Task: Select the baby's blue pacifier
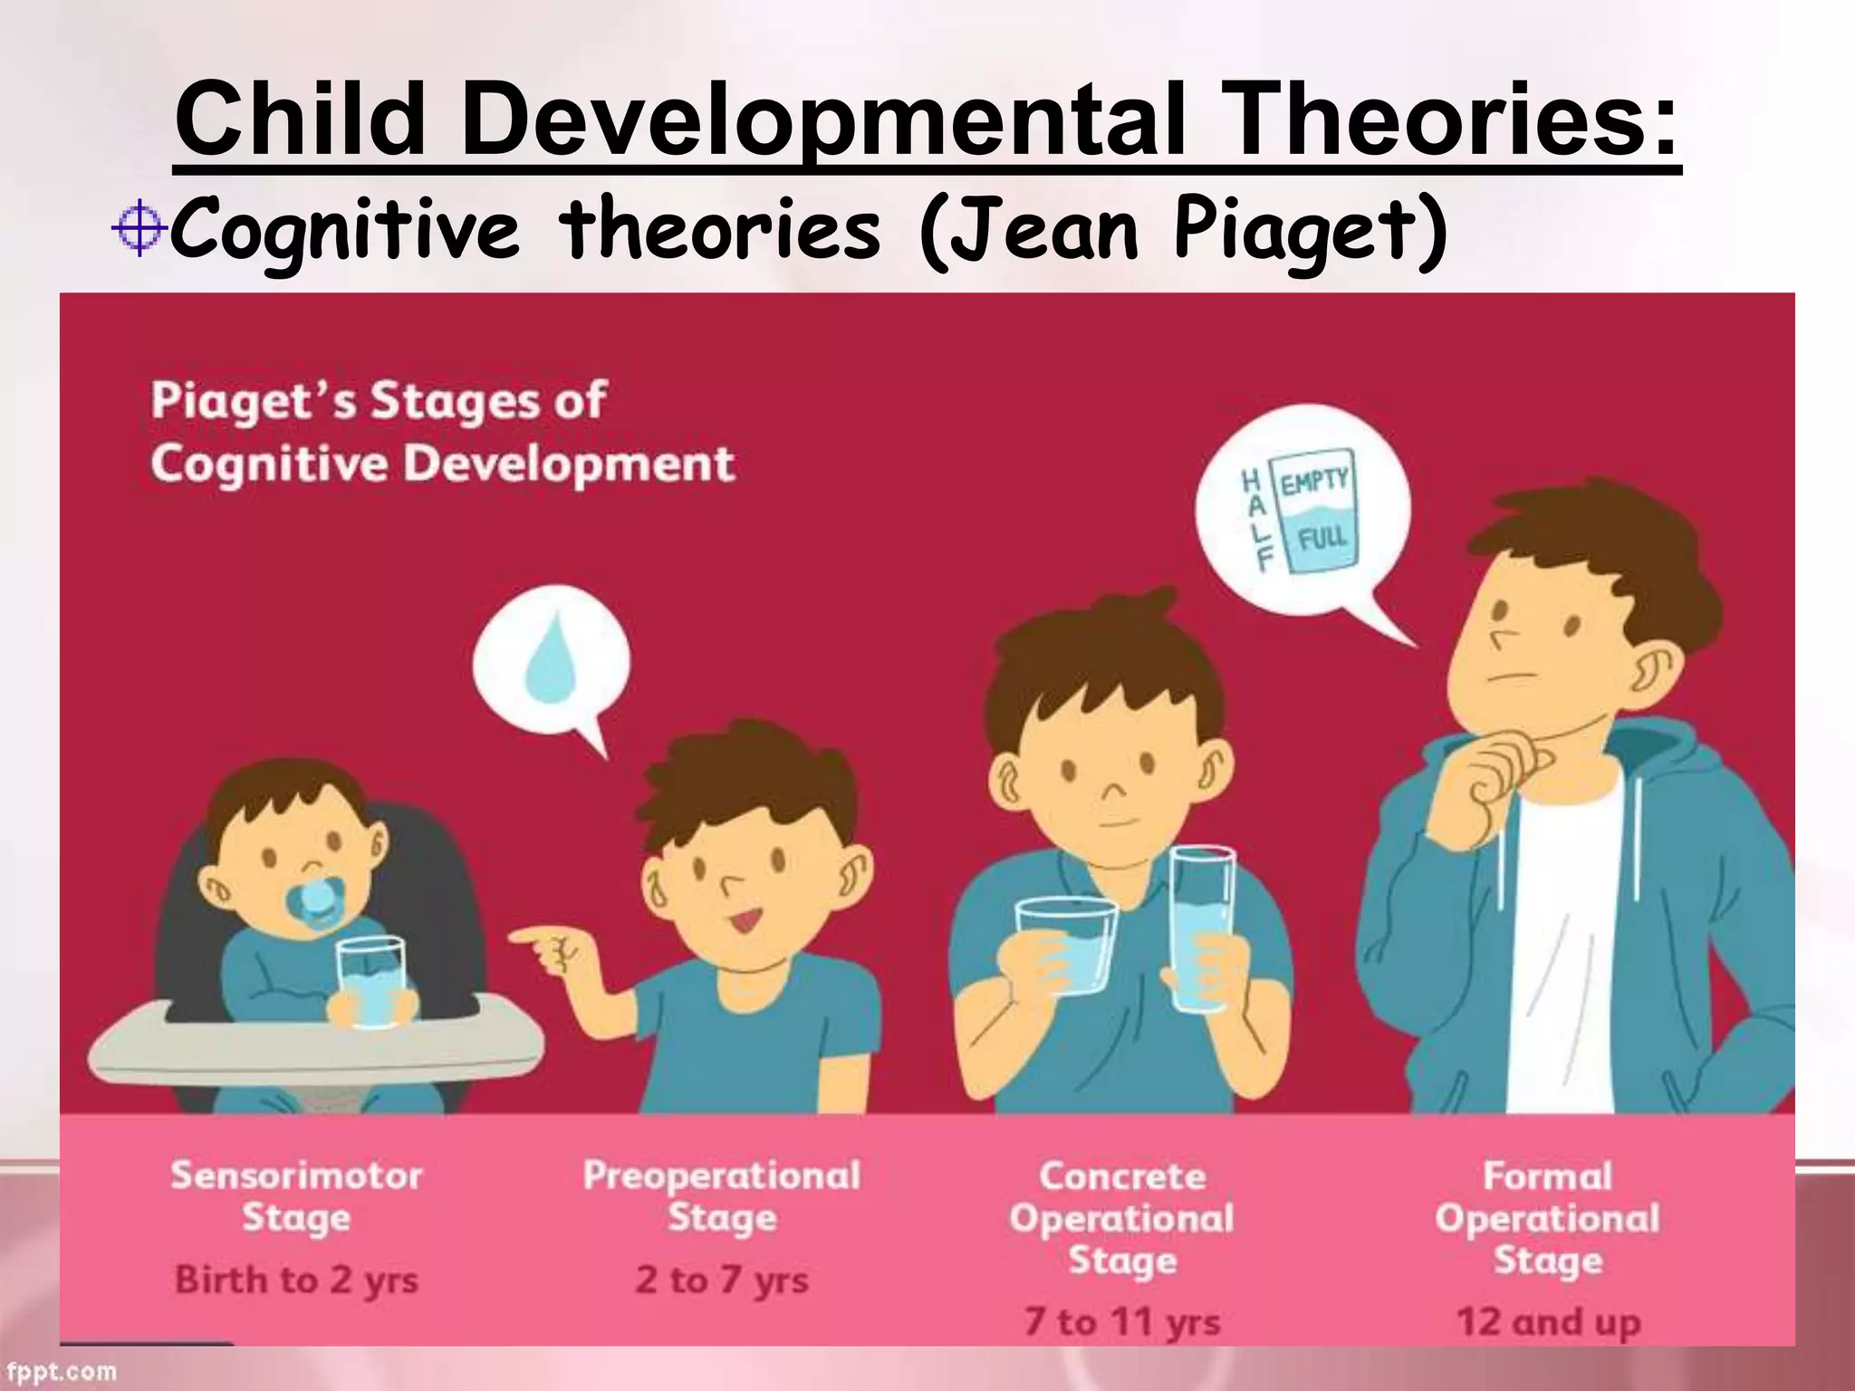pos(314,902)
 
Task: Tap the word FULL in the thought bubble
pos(1322,540)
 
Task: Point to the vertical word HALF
pos(1254,520)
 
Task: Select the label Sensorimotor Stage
pos(296,1196)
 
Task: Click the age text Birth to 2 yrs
pos(296,1280)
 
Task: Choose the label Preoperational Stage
pos(722,1196)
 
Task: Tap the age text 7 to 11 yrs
pos(1122,1321)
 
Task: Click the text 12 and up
pos(1548,1321)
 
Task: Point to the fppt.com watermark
pos(59,1372)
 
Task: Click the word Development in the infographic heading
pos(568,464)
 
